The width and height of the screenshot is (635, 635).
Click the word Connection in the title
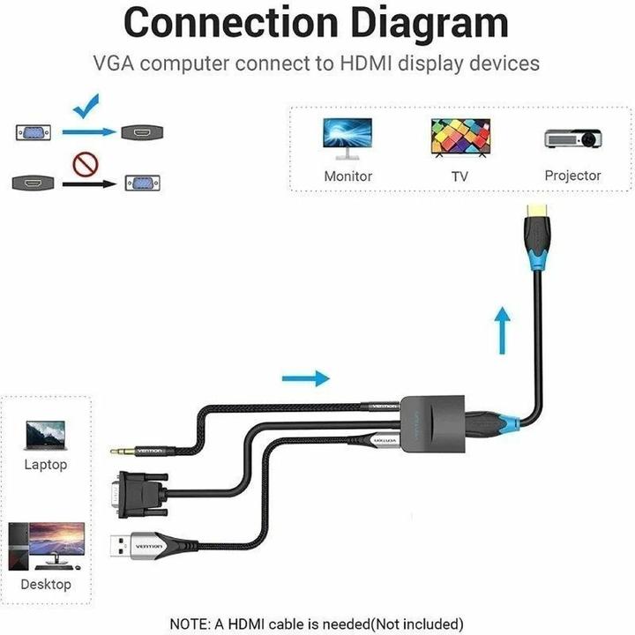point(218,24)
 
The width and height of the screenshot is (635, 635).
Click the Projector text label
point(572,176)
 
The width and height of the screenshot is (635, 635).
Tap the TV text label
point(459,176)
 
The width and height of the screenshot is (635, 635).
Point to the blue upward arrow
point(502,329)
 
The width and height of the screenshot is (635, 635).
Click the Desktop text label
point(46,585)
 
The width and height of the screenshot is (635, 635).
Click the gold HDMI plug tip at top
point(536,211)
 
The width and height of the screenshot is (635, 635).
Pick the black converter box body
point(431,422)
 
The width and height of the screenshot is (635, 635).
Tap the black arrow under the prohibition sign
point(93,184)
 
